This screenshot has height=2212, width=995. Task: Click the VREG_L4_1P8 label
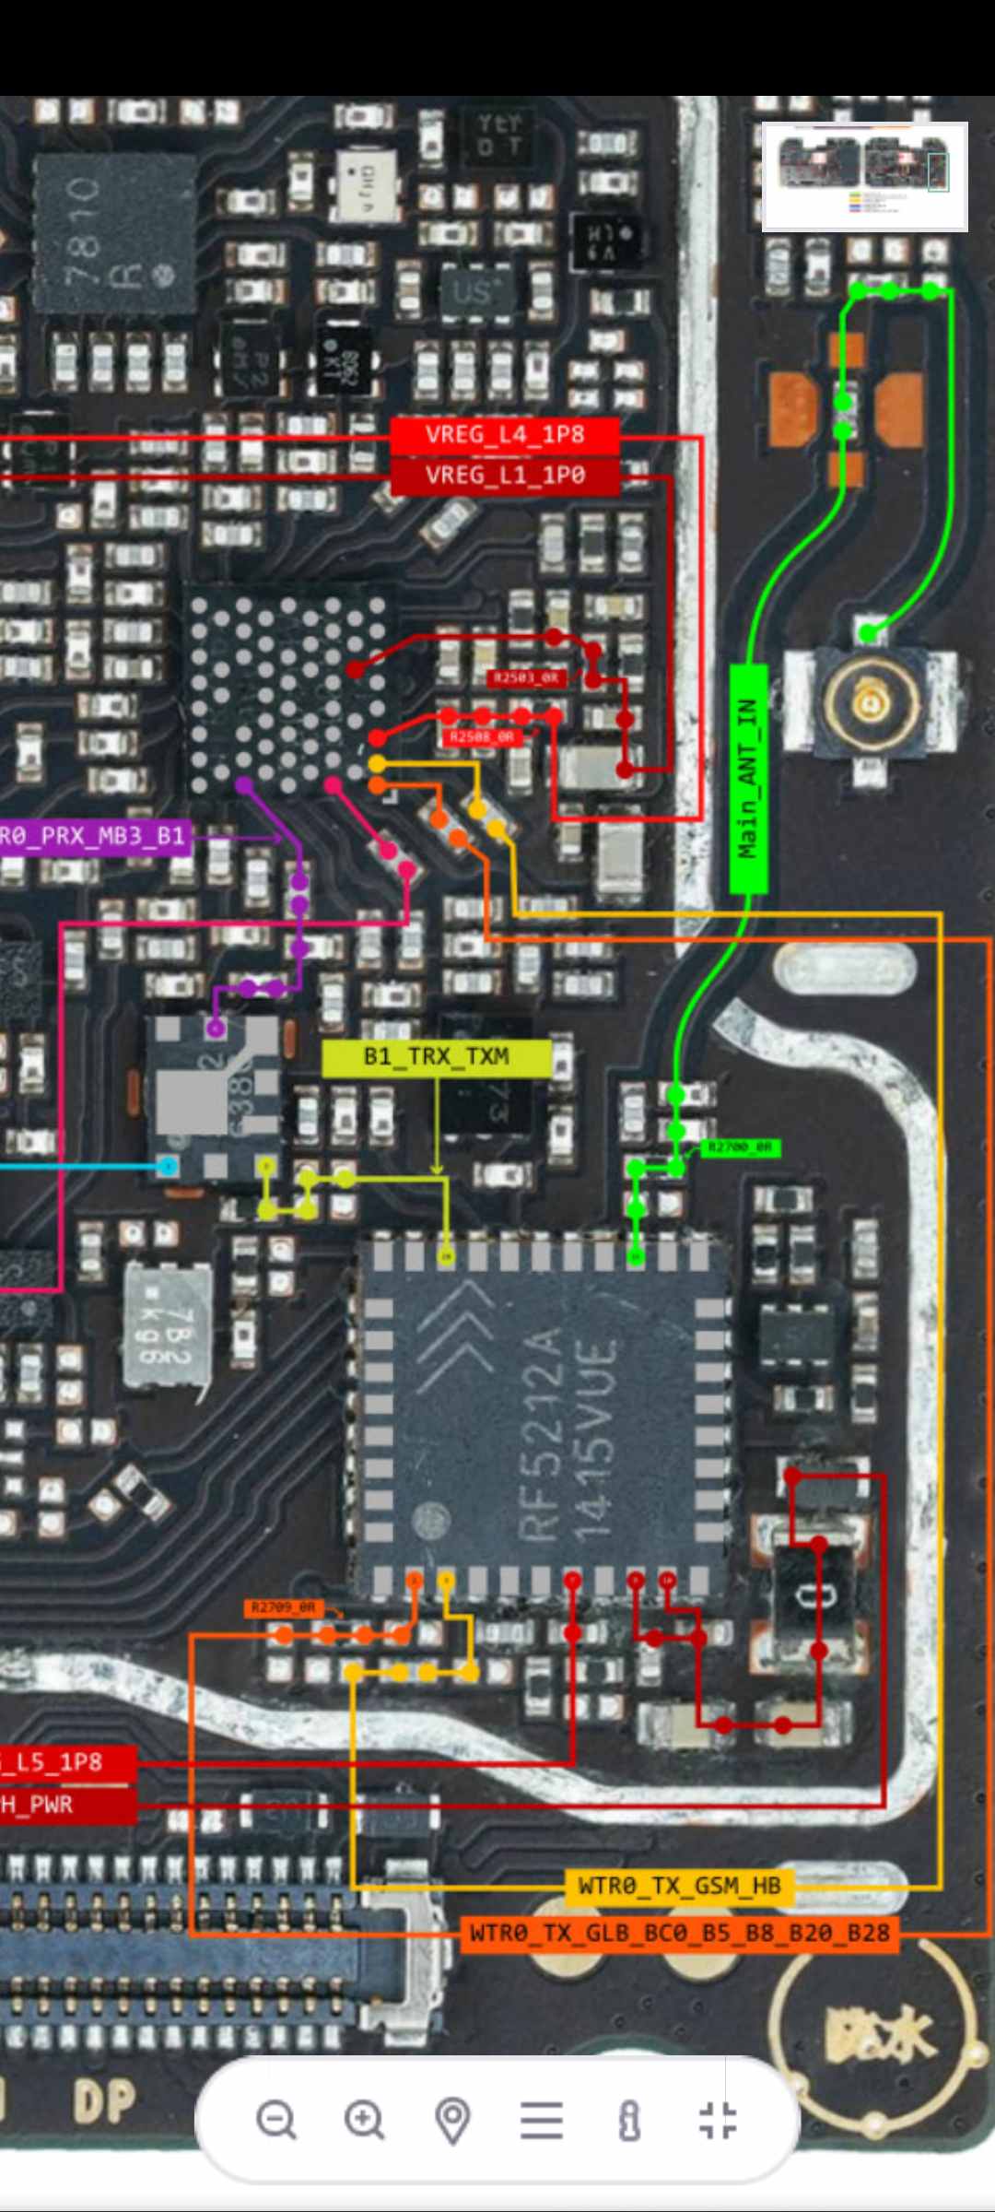coord(504,435)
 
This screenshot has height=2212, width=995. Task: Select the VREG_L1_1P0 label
coord(504,476)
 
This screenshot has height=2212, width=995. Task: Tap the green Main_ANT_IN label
coord(748,779)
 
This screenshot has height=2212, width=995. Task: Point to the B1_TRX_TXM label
coord(436,1056)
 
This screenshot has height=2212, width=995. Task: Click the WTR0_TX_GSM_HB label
coord(679,1886)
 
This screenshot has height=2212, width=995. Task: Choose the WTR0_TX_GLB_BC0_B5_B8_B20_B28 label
coord(679,1932)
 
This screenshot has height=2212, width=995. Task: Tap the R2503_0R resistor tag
coord(525,678)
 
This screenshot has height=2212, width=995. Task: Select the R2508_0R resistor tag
coord(482,737)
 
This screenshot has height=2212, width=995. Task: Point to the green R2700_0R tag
coord(740,1147)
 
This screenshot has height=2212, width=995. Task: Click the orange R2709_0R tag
coord(283,1607)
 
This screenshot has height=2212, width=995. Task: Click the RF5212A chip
coord(542,1419)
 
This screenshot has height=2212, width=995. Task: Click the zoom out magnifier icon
coord(276,2119)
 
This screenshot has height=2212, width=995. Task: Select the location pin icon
coord(452,2119)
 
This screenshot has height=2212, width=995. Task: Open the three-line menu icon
coord(541,2119)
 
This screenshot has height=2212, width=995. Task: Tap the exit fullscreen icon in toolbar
coord(718,2119)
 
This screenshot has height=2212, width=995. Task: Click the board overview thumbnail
coord(864,175)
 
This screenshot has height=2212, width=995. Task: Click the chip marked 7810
coord(115,235)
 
